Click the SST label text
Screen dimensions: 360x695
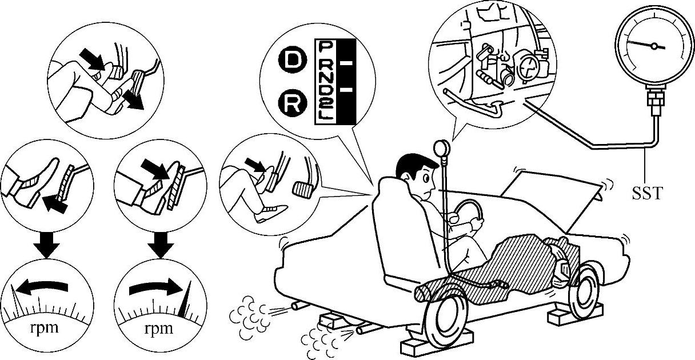tap(647, 194)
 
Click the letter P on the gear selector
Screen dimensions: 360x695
tap(326, 45)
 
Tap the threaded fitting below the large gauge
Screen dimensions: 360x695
tap(652, 103)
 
